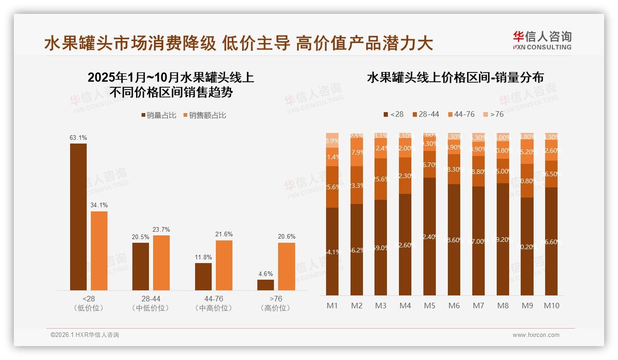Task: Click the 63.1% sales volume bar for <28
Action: pyautogui.click(x=78, y=217)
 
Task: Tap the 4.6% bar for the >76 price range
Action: pyautogui.click(x=266, y=285)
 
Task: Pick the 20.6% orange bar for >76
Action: pyautogui.click(x=286, y=266)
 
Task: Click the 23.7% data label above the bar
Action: pyautogui.click(x=161, y=229)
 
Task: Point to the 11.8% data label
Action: pyautogui.click(x=203, y=257)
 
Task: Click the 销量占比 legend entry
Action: pyautogui.click(x=159, y=115)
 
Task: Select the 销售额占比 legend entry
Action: pyautogui.click(x=205, y=115)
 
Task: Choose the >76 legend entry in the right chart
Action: pyautogui.click(x=493, y=114)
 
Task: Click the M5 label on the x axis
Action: pyautogui.click(x=429, y=306)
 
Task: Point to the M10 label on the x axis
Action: pyautogui.click(x=552, y=306)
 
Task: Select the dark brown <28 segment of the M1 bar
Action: pyautogui.click(x=332, y=252)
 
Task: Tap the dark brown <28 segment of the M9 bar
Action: pyautogui.click(x=527, y=246)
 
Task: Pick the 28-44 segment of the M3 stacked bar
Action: pyautogui.click(x=380, y=179)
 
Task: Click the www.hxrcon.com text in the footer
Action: pyautogui.click(x=536, y=335)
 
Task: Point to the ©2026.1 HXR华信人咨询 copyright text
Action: pyautogui.click(x=84, y=335)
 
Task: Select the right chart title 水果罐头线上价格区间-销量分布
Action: pyautogui.click(x=455, y=78)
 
